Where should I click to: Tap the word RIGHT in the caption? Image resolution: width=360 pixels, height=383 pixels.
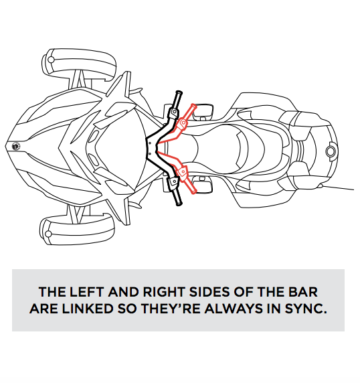coord(163,292)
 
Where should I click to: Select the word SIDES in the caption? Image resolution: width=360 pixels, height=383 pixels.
coord(209,292)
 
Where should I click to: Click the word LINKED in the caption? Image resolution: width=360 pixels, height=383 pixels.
coord(88,309)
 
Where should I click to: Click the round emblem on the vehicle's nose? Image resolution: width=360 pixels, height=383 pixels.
coord(16,147)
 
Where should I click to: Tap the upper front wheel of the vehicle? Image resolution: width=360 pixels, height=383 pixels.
coord(78,64)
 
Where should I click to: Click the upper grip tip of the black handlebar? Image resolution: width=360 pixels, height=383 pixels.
coord(179,93)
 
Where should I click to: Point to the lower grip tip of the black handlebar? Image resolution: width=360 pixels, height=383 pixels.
coord(179,203)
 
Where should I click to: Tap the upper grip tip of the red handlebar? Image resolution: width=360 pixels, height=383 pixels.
coord(194,106)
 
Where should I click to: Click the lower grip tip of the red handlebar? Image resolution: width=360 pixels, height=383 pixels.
coord(193,191)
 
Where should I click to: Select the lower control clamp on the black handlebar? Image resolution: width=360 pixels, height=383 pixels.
coord(173,183)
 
